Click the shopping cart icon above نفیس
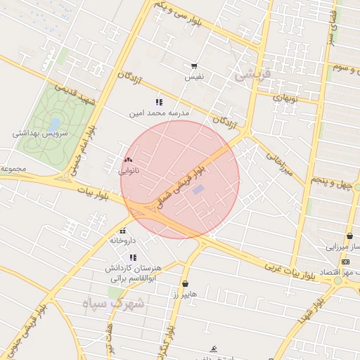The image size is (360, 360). coord(193,65)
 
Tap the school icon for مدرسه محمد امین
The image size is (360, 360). coord(158,102)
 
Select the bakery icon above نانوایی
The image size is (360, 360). coord(128,160)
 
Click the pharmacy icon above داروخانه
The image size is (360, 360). coord(123,230)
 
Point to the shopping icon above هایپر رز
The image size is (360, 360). coord(185,284)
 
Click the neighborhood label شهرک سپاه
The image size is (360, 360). coord(122,304)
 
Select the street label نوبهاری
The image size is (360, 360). coord(286,98)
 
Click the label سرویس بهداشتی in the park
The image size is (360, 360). coord(39,133)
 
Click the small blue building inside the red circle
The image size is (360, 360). coord(199,189)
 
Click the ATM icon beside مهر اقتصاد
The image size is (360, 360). coord(344,261)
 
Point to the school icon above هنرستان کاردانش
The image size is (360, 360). coord(132,257)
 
